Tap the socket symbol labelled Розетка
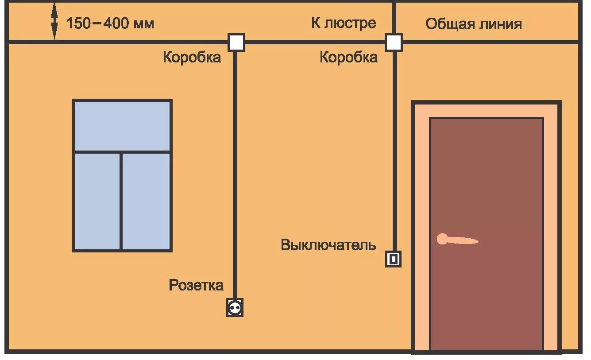coord(235,307)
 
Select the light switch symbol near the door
coord(393,259)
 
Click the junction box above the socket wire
coord(236,43)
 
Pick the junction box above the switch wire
coord(394,43)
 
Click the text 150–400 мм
coord(110,23)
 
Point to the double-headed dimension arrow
coord(54,22)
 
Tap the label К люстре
coord(344,23)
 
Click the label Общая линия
coord(474,24)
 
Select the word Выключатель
coord(328,245)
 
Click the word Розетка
coord(196,285)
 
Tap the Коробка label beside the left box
coord(192,57)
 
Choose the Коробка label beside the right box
coord(349,57)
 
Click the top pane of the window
coord(122,126)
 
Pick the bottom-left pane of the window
coord(97,201)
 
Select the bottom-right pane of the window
coord(146,201)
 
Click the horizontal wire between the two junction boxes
coord(314,43)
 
